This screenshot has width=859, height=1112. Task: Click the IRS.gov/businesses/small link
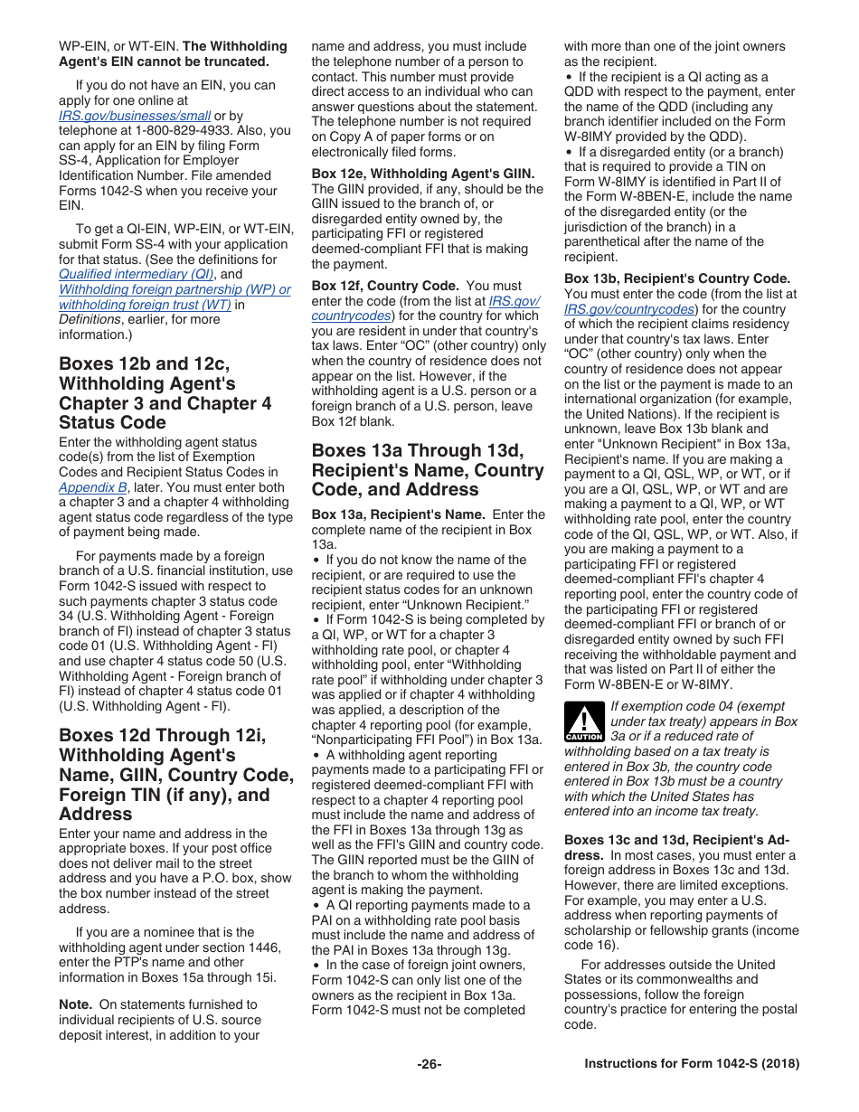[135, 116]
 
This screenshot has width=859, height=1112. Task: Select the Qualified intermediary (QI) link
[137, 274]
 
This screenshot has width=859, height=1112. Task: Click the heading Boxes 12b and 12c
[145, 363]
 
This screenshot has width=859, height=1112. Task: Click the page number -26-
[429, 1064]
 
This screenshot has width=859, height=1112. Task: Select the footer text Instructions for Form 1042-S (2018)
[692, 1064]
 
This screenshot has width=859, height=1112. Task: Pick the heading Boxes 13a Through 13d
[427, 450]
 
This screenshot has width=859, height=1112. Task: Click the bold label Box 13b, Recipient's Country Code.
[677, 278]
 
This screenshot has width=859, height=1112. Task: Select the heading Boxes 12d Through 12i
[163, 735]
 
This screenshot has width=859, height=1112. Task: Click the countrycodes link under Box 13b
[628, 309]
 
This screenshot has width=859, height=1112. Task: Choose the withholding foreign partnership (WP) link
[175, 289]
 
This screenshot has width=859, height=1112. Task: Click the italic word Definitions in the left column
[90, 319]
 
